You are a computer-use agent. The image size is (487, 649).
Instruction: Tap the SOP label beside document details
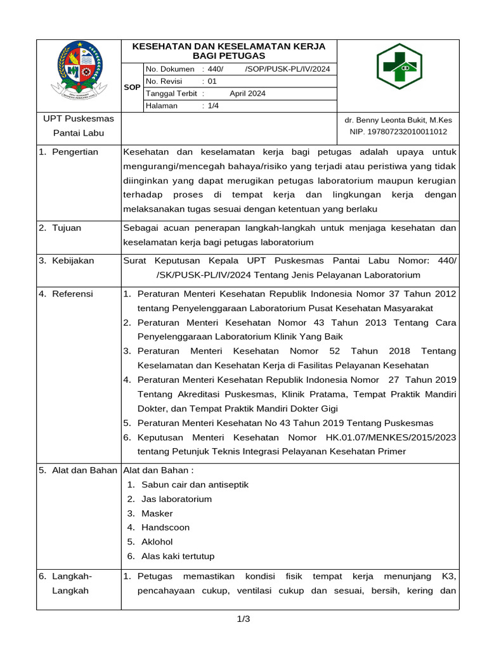(x=132, y=87)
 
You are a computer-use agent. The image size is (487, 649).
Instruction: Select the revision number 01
(x=212, y=81)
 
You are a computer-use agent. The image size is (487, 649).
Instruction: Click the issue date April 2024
(x=247, y=93)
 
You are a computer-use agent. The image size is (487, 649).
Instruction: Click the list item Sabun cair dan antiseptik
(x=195, y=485)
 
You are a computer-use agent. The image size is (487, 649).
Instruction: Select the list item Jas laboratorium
(x=176, y=499)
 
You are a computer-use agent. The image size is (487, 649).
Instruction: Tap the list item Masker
(x=157, y=513)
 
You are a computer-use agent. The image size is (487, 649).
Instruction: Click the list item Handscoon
(x=165, y=527)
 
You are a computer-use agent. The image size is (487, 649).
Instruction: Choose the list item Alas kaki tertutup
(x=178, y=556)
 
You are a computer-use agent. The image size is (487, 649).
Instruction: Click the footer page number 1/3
(x=243, y=619)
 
